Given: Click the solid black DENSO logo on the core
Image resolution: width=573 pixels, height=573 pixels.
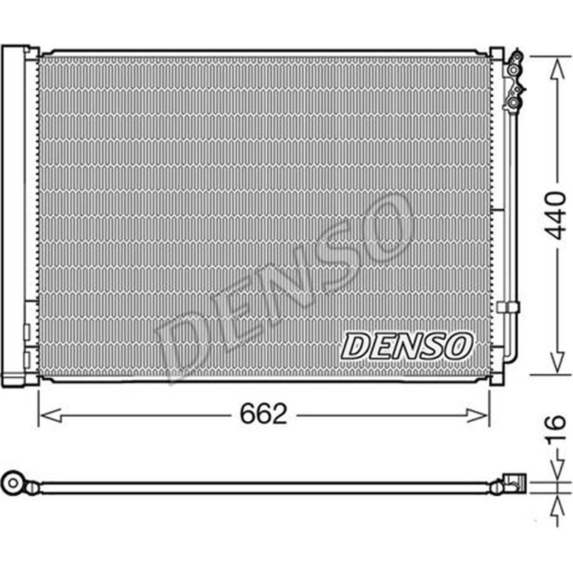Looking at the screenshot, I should click(x=406, y=346).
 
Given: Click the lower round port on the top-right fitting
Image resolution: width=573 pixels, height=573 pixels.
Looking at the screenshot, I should click(x=514, y=102).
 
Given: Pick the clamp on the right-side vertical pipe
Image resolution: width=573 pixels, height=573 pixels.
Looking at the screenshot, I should click(x=507, y=307).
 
